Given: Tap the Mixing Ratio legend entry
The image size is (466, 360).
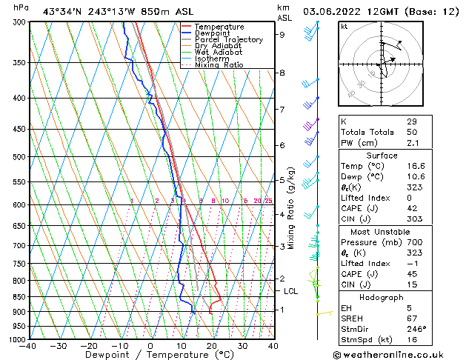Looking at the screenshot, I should point(219,65).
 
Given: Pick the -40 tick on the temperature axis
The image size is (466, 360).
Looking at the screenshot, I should point(28,346).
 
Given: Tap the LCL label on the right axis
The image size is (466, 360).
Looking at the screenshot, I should point(290,291).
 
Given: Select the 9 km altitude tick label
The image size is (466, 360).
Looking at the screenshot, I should point(282,34).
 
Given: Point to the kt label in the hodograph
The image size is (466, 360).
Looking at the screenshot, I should point(344,26).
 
